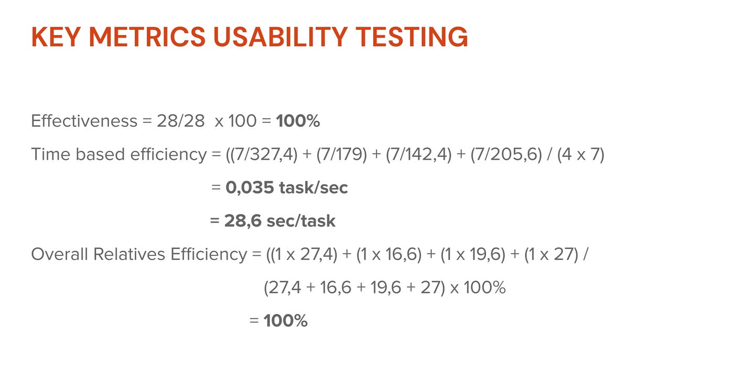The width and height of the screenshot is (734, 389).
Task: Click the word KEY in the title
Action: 56,37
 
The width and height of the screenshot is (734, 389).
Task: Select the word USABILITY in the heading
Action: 280,37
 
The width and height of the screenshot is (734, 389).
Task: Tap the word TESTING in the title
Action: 412,37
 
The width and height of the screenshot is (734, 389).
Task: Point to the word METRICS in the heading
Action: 147,37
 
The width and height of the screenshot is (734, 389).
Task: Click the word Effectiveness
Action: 84,121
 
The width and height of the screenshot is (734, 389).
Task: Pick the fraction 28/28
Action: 180,121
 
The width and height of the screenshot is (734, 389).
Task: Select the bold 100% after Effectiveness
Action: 298,121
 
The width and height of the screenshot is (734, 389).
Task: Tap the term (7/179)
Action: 341,155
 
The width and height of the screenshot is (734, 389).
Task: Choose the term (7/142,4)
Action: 418,155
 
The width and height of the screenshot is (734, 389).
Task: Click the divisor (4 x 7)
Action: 581,155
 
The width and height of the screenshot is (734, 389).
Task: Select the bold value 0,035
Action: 250,188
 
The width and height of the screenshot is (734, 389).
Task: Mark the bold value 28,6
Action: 243,221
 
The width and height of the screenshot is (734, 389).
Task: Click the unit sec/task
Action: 301,221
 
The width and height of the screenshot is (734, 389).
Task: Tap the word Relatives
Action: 129,254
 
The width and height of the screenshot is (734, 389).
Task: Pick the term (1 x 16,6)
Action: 388,254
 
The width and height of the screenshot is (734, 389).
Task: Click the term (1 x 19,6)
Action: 473,254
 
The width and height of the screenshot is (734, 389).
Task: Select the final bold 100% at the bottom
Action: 285,320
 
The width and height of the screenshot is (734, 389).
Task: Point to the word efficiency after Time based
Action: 168,155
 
